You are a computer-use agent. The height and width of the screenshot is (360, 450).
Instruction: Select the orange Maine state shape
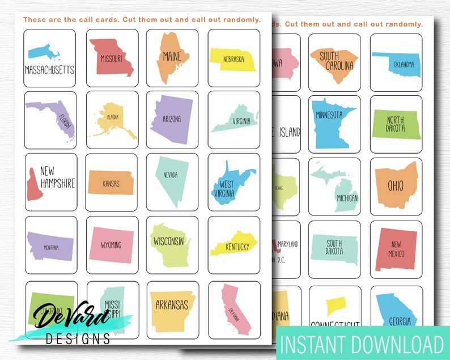(171, 57)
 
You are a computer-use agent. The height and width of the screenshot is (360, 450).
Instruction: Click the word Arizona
(172, 119)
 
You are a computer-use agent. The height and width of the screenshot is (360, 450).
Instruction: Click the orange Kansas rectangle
(111, 183)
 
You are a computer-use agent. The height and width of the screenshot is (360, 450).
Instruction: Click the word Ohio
(396, 186)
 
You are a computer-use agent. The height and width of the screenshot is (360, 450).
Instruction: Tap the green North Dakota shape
(396, 124)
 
